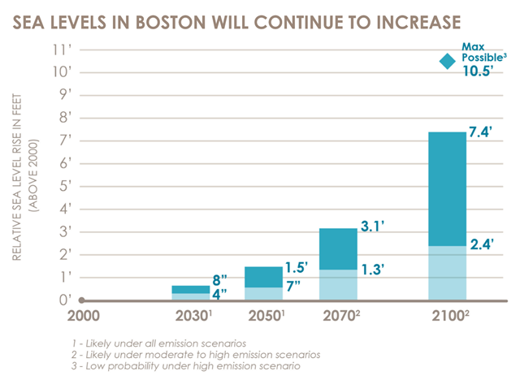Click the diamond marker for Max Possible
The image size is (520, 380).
pyautogui.click(x=446, y=62)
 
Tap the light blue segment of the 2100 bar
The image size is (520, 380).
pyautogui.click(x=447, y=272)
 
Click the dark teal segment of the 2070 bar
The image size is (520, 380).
pyautogui.click(x=337, y=248)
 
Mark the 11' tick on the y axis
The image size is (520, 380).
pyautogui.click(x=62, y=48)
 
